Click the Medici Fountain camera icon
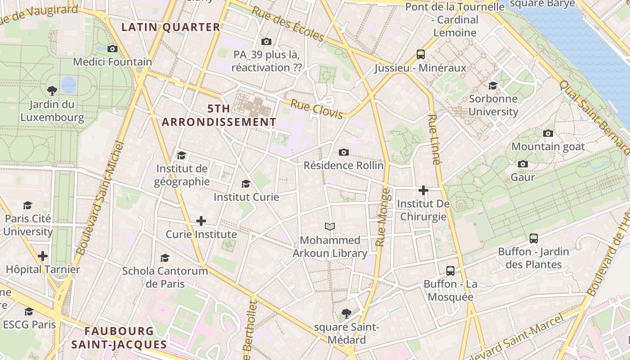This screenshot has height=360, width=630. (112, 49)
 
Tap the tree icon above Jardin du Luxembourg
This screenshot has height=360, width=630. (52, 90)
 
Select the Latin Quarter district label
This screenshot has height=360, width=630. (171, 27)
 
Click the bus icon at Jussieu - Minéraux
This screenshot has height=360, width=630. (421, 54)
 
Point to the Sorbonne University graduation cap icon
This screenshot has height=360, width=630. (493, 85)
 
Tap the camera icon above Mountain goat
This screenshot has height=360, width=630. (548, 133)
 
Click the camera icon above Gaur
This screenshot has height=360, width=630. (522, 164)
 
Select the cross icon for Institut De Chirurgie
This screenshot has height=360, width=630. (423, 190)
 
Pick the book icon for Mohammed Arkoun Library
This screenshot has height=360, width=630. (330, 226)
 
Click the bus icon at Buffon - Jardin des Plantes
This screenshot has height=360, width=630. (533, 238)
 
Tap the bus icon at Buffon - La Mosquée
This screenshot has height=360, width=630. (450, 270)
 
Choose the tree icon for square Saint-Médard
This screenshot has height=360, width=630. (346, 313)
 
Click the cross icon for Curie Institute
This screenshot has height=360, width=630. (201, 221)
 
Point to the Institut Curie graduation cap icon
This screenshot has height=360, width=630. (246, 184)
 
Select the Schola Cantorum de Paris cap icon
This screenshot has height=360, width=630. (165, 258)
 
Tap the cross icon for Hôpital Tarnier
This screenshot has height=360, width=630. (43, 256)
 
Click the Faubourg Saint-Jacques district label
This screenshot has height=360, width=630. (119, 338)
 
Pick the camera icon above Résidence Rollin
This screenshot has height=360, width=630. (344, 152)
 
